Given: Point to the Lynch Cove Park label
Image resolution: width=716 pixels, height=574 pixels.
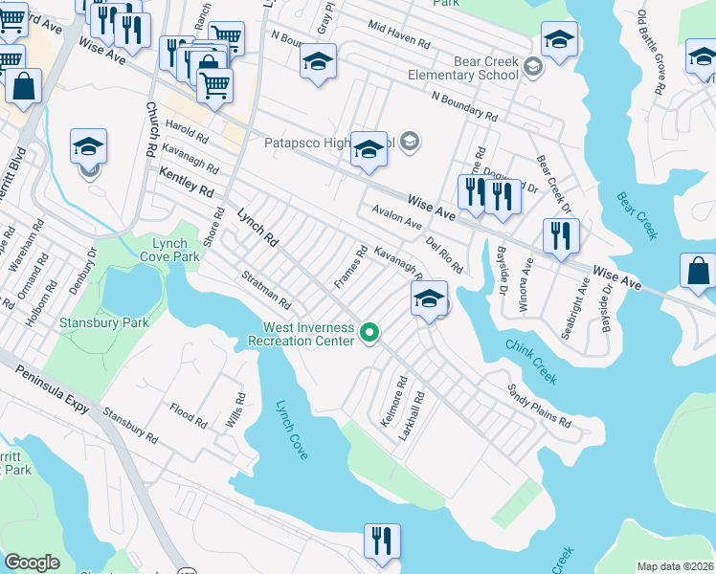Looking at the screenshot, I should [175, 251].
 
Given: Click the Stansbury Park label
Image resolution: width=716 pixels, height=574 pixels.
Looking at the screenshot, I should [104, 322].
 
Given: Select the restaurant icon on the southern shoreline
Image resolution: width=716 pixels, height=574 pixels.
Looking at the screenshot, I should [383, 541].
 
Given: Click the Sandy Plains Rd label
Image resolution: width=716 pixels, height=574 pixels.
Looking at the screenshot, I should [538, 408].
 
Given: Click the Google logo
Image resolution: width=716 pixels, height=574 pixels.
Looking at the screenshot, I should [32, 563].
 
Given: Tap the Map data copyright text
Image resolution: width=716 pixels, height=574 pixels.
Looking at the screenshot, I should [675, 566].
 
